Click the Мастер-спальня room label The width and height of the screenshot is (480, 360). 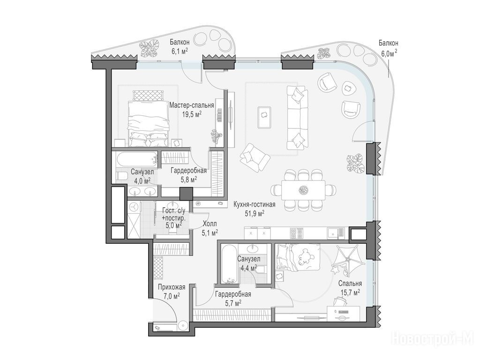pos(192,105)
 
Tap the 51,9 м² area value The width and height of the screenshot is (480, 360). pos(255,213)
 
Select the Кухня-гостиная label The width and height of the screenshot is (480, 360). pos(255,204)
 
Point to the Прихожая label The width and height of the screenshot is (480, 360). pos(172,287)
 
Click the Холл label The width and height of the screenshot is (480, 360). pos(210,224)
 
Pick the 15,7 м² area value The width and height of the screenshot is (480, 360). pos(350,292)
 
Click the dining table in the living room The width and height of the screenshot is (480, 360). pos(303,190)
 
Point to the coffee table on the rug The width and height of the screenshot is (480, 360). pos(264,118)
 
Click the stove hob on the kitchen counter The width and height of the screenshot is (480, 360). pos(297,233)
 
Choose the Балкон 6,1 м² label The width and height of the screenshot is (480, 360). pos(180,46)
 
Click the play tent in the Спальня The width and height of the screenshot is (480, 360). pos(347,259)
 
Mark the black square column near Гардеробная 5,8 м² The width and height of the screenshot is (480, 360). pos(186,194)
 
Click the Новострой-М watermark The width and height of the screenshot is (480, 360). pos(435,339)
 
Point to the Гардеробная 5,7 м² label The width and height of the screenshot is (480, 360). pos(233,299)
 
